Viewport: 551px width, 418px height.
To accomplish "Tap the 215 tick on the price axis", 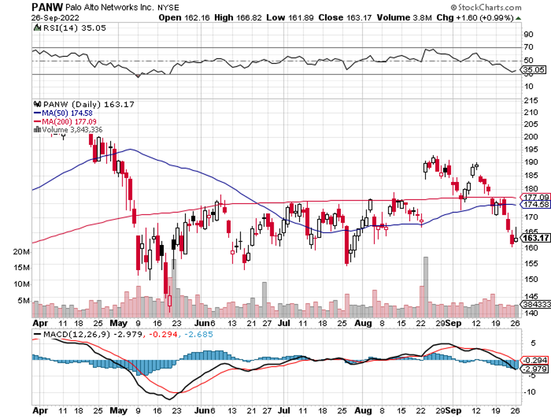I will tap(532, 100).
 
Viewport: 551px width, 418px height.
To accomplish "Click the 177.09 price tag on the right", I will tap(536, 197).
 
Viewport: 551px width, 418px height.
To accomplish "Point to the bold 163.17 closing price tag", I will tap(536, 238).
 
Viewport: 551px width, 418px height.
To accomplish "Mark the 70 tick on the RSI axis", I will tap(529, 47).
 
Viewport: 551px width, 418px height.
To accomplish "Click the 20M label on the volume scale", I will tap(21, 251).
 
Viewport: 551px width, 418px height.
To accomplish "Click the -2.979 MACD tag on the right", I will tap(536, 369).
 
